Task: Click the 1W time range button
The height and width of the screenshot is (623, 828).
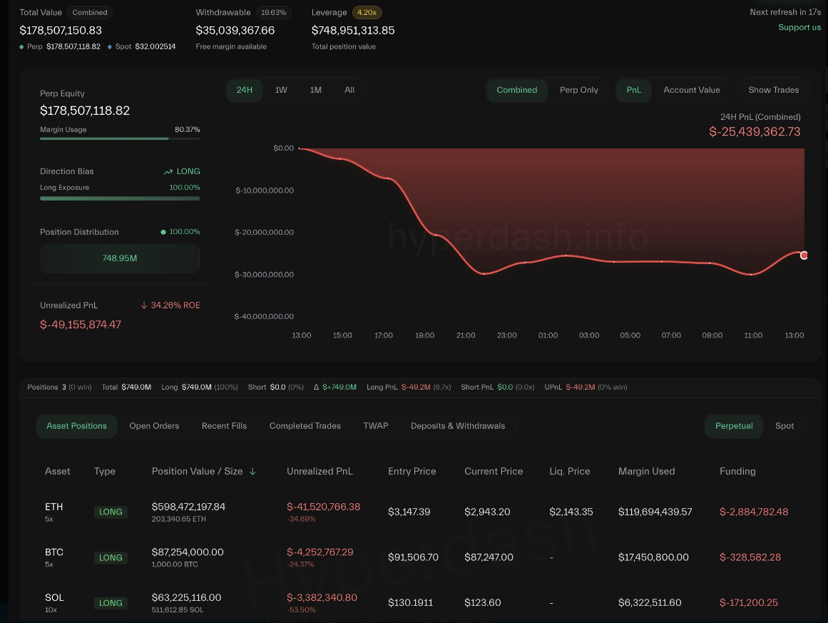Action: point(281,90)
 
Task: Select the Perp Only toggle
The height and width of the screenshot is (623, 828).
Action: point(578,90)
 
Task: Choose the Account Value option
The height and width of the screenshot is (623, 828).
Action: point(691,90)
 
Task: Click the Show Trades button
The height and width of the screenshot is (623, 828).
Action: point(773,90)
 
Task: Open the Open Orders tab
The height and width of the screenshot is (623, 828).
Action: point(154,426)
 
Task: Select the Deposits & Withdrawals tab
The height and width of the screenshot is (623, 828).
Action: point(457,426)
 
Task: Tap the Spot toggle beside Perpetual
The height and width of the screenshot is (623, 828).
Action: point(784,426)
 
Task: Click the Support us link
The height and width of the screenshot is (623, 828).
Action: point(799,27)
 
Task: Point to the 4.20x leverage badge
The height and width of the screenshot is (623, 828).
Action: point(367,12)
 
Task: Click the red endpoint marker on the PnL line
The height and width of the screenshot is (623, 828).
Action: point(804,255)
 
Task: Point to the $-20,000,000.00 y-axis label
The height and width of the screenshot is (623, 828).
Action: point(264,233)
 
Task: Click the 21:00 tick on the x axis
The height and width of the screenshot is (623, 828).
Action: point(466,335)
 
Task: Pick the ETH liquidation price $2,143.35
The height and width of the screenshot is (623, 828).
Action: point(570,512)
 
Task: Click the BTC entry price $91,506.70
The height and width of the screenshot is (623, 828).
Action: point(413,557)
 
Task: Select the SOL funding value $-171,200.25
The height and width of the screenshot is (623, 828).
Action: point(748,603)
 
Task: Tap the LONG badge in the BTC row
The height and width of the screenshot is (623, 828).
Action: point(111,558)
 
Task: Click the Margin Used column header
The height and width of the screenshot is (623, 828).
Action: point(646,472)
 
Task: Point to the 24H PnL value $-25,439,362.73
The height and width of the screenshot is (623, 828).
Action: point(755,132)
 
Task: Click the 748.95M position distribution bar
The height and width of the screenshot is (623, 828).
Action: point(120,258)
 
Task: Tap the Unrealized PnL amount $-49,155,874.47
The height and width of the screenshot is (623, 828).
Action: point(81,325)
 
